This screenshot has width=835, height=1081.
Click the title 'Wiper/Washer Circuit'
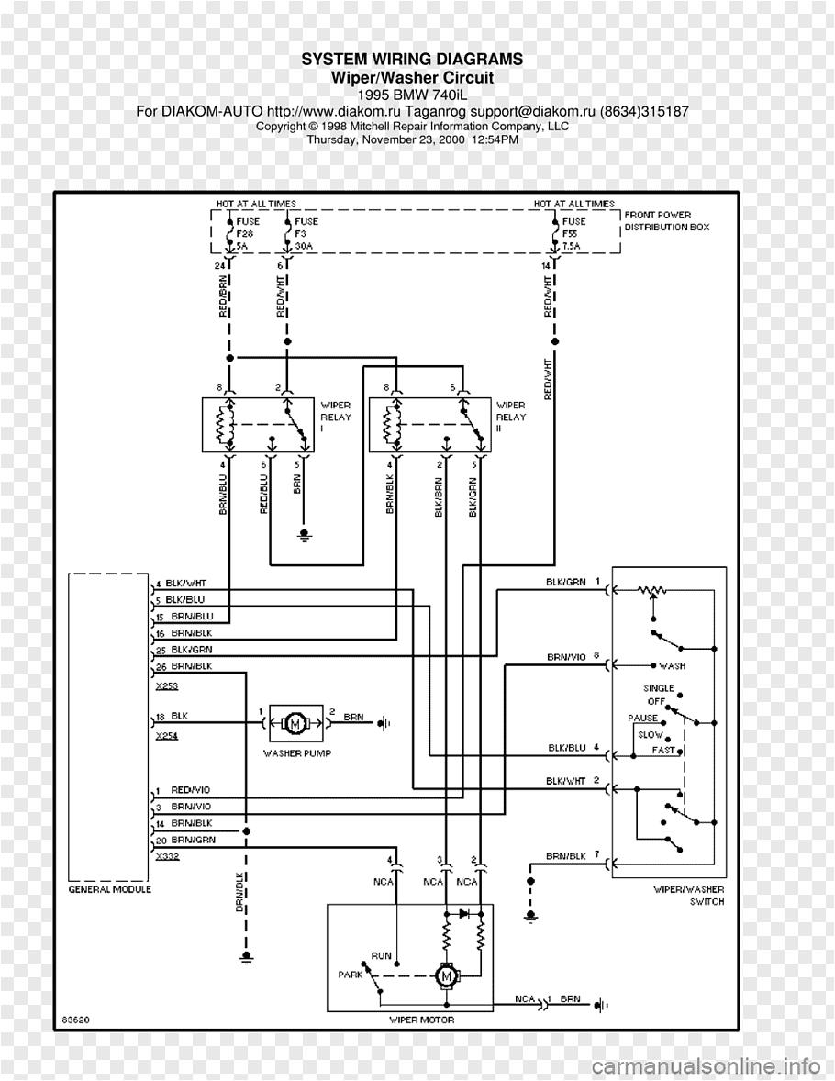point(412,78)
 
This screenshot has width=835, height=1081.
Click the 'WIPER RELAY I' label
point(334,417)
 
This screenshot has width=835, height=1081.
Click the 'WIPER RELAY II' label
point(511,417)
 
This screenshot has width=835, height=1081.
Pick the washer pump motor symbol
point(295,723)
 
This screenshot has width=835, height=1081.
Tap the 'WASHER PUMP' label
point(296,753)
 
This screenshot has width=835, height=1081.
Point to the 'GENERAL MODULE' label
point(110,889)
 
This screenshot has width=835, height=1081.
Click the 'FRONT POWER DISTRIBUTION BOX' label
point(666,221)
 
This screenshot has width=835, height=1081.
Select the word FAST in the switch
point(663,751)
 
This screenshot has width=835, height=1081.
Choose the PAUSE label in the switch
point(642,718)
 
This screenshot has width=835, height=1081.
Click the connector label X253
point(166,685)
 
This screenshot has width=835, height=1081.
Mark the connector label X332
point(167,855)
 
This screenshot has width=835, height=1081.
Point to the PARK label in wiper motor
point(351,975)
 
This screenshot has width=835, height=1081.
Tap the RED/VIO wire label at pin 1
point(190,790)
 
